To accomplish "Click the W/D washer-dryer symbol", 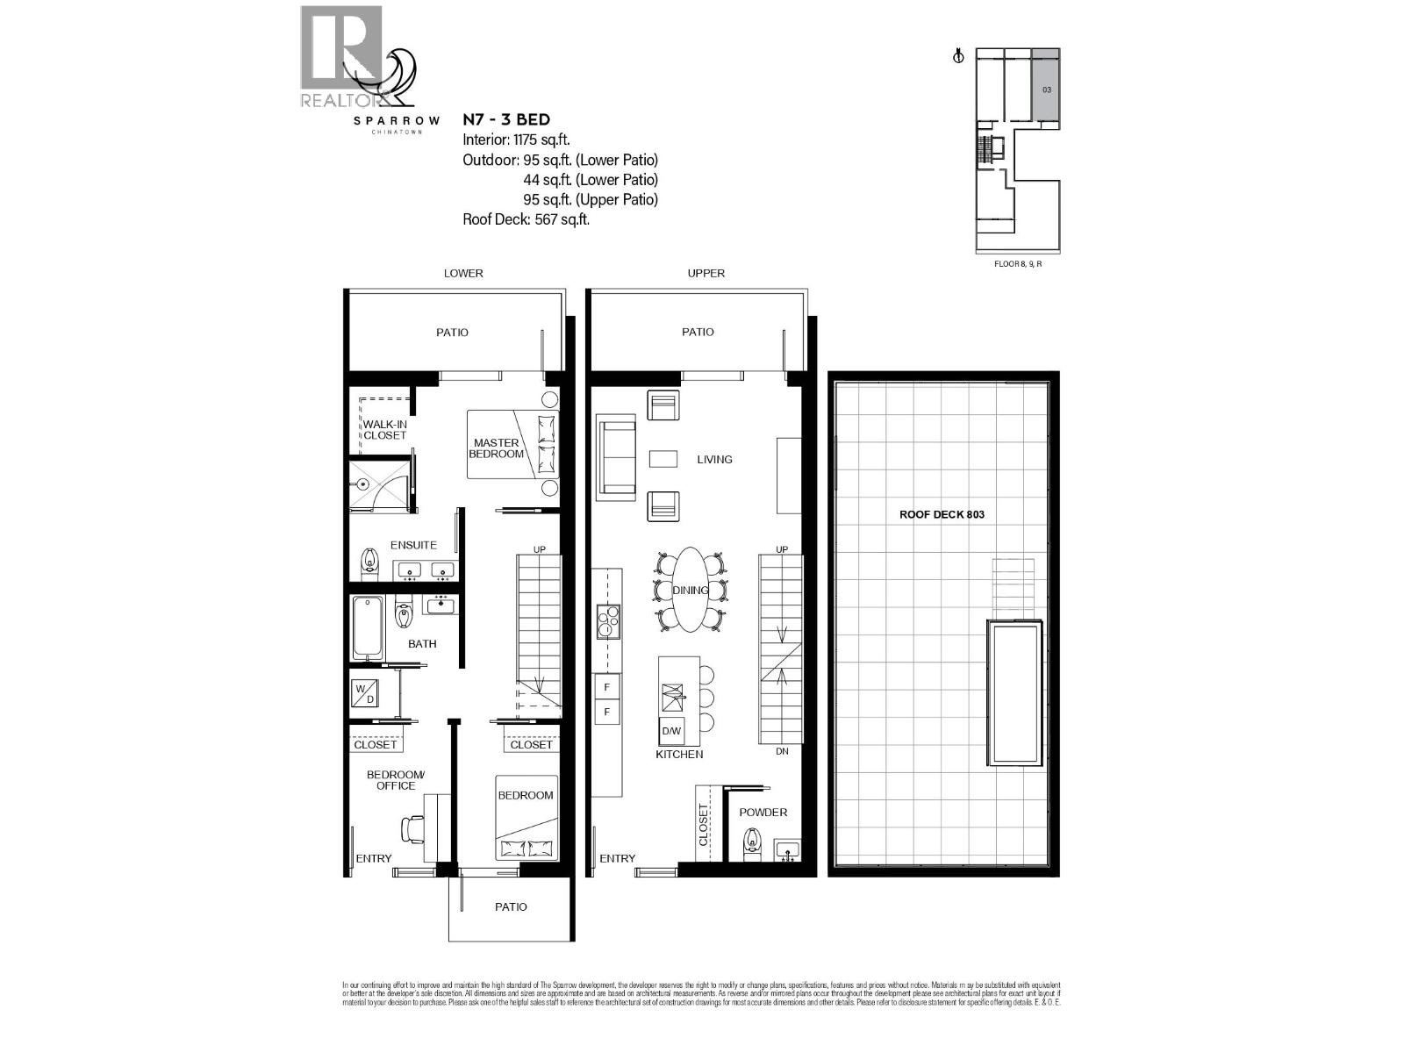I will click(x=364, y=692).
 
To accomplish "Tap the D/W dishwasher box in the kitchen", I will click(x=671, y=731).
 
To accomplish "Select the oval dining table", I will click(x=691, y=590).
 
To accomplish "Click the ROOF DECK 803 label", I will click(x=942, y=514).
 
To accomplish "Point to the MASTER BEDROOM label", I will click(x=497, y=448).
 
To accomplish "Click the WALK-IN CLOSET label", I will click(x=384, y=430).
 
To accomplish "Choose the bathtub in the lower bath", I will click(x=368, y=627).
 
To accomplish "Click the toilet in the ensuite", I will click(x=369, y=559).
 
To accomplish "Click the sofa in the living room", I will click(x=617, y=458).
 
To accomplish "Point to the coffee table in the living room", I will click(x=663, y=459).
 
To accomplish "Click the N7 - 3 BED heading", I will click(x=506, y=119).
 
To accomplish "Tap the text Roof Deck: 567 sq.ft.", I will click(x=526, y=219).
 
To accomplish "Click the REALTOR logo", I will click(x=340, y=58).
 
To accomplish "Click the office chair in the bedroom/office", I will click(x=412, y=827).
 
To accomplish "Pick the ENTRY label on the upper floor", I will click(x=617, y=858).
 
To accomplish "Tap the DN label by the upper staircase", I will click(x=782, y=752).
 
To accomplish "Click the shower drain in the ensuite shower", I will click(x=362, y=484).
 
